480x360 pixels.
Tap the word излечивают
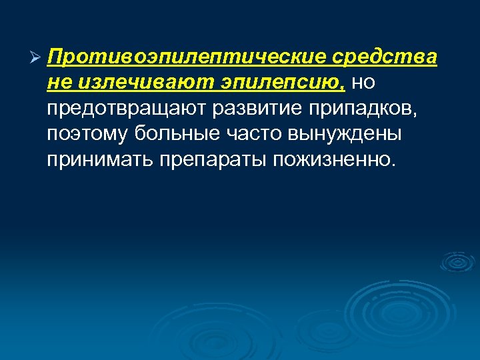pos(145,83)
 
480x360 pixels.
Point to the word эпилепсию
pos(283,83)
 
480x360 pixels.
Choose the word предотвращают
pos(117,108)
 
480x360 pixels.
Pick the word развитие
pos(235,108)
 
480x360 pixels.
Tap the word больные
pos(173,133)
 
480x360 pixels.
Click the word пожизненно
pos(332,159)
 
